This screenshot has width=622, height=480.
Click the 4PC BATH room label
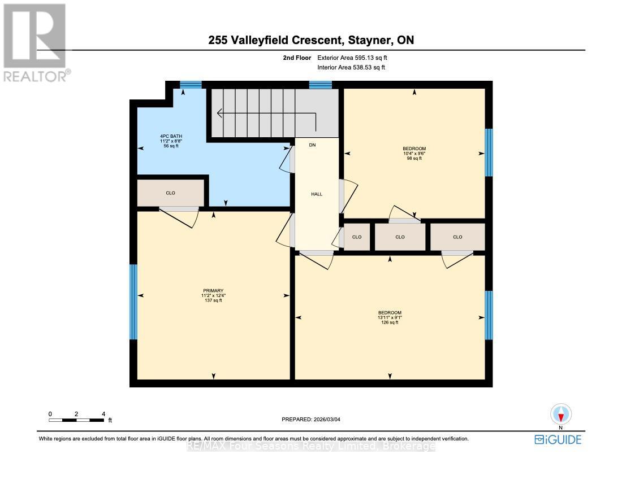171,136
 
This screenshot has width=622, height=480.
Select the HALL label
317,194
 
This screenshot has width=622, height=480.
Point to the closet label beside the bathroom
170,193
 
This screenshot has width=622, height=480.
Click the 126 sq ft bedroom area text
390,322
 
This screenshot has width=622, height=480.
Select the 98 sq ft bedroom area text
414,158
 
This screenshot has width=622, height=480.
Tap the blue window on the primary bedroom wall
133,302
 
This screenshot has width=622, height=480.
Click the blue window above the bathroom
191,85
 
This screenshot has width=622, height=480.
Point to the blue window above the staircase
320,85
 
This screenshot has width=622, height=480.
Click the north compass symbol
560,414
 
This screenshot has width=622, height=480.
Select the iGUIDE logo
558,439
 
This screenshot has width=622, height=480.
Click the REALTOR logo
35,42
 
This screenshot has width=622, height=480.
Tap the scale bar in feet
76,420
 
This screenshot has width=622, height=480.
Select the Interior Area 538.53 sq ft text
352,68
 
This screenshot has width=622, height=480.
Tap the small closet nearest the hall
357,237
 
